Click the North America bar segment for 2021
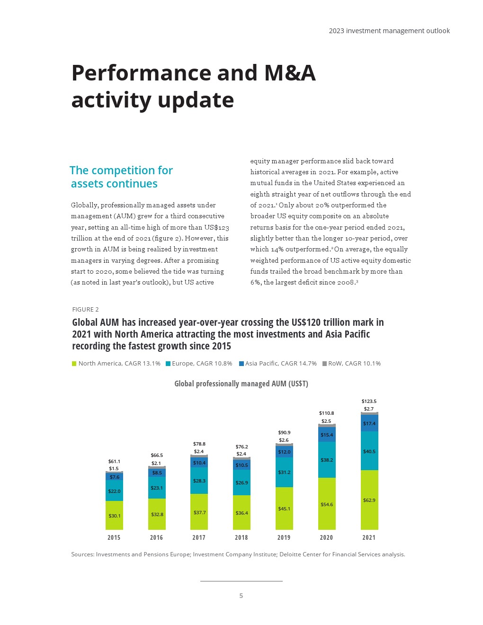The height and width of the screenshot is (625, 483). click(x=369, y=500)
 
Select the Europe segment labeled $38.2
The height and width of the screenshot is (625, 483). click(x=327, y=460)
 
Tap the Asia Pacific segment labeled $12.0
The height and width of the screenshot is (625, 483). click(x=284, y=452)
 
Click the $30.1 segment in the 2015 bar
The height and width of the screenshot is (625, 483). click(x=114, y=515)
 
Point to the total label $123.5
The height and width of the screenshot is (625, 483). click(x=369, y=401)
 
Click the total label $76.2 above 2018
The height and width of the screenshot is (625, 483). click(x=241, y=446)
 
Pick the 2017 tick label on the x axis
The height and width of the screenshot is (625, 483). click(x=199, y=537)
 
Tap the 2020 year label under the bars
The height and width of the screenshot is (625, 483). click(x=326, y=537)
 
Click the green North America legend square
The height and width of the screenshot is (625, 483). click(x=74, y=364)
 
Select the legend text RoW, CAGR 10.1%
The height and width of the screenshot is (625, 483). click(x=354, y=364)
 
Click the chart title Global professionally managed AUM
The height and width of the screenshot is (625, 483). click(x=241, y=384)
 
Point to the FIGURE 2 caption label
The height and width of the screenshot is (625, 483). click(x=85, y=309)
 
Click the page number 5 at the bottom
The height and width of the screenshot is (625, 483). click(x=241, y=596)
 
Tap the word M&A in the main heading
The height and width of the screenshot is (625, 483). click(x=290, y=73)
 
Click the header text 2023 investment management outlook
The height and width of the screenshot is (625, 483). click(x=389, y=31)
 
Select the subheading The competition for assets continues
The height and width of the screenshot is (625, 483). click(x=121, y=177)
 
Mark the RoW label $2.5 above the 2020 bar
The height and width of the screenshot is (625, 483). click(x=326, y=421)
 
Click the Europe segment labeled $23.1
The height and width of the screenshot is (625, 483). click(x=157, y=488)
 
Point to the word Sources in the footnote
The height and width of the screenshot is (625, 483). click(x=82, y=554)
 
